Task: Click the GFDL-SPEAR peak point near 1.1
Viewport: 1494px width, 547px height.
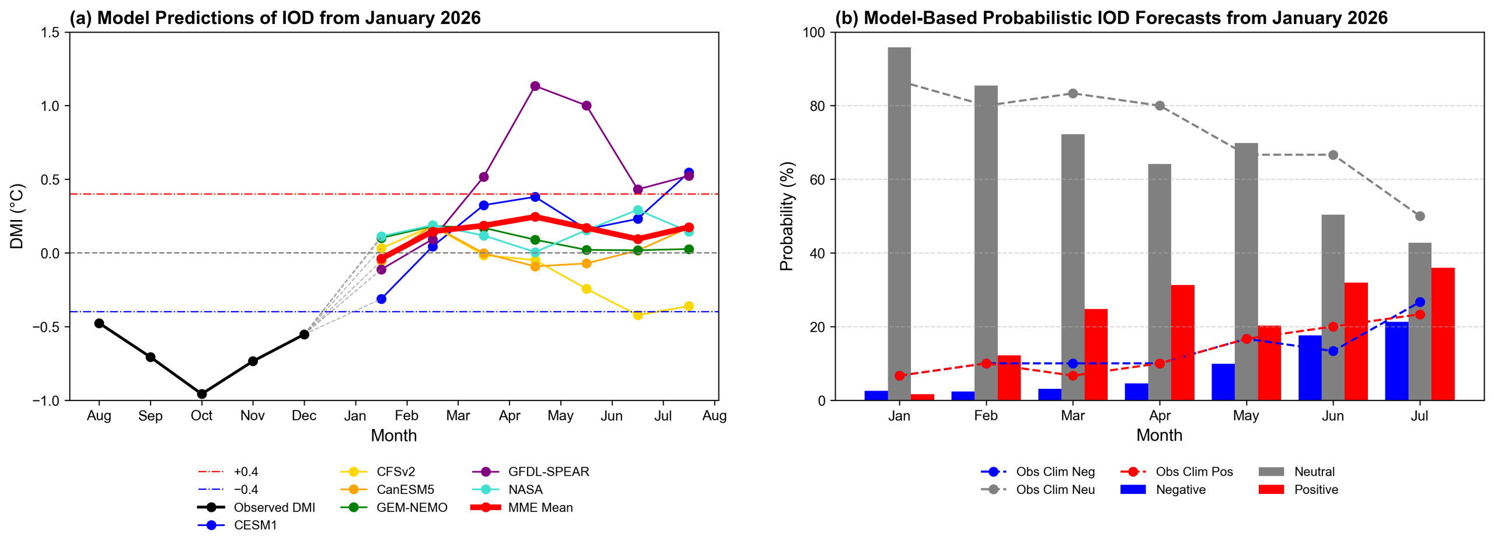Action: coord(535,86)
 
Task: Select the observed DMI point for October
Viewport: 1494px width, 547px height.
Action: coord(202,394)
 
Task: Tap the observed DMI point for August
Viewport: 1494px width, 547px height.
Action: coord(99,323)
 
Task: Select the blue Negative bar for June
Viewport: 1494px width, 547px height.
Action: coord(1309,368)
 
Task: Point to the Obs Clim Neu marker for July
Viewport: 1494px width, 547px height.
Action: coord(1420,216)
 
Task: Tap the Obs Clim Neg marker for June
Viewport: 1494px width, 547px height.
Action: coord(1333,351)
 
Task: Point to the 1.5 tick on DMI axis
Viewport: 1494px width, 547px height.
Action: coord(50,33)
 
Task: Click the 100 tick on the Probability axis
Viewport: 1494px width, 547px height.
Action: coord(814,33)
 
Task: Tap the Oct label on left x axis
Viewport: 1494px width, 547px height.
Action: coord(202,416)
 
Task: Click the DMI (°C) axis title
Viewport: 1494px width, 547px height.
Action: coord(17,217)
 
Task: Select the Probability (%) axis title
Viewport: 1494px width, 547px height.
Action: coord(787,217)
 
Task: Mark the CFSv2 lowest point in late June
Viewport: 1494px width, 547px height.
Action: coord(637,315)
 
